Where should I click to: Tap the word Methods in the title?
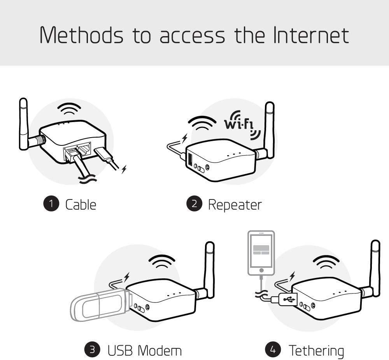81,35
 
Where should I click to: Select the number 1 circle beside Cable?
51,204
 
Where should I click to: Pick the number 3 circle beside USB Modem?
92,350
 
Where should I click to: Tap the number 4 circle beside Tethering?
273,350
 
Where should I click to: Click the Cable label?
81,204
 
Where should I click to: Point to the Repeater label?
235,204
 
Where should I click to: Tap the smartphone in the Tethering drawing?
261,254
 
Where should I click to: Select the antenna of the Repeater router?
269,128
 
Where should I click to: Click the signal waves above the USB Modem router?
162,261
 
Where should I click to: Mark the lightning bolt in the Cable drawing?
124,169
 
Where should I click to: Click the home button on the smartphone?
261,270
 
